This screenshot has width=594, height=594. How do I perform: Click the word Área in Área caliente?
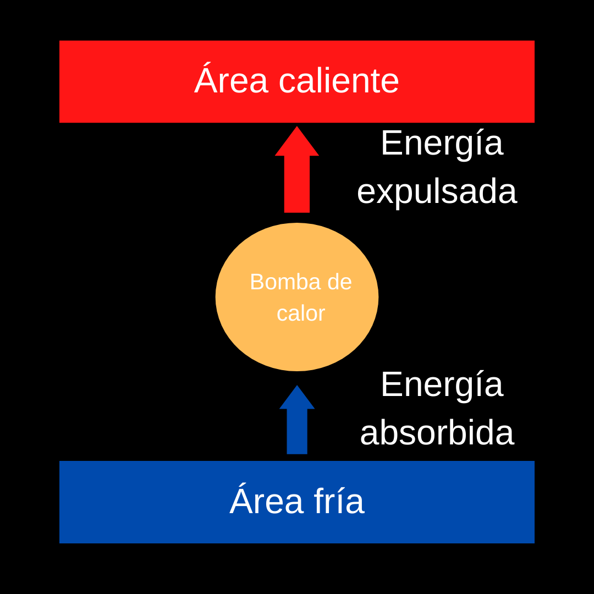[x=231, y=81]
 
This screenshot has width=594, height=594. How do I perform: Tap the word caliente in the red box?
[x=339, y=81]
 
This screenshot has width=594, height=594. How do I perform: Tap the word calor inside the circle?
[x=301, y=313]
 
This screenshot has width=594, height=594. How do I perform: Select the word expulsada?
[x=437, y=191]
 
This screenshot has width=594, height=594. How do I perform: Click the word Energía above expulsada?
[x=442, y=143]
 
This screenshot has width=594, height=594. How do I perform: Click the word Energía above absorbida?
[x=442, y=384]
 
